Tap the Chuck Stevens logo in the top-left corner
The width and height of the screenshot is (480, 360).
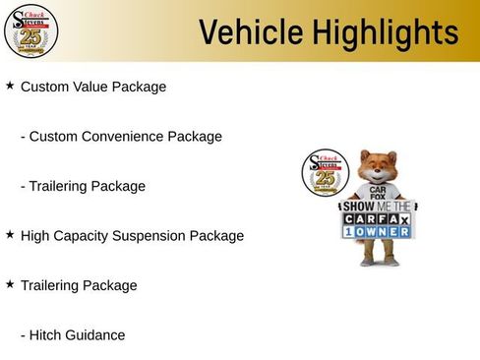30,30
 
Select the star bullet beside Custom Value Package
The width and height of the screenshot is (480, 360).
10,86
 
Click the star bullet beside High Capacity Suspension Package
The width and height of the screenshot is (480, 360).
10,235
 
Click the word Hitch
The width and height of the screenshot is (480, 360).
45,335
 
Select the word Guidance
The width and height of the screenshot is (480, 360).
95,335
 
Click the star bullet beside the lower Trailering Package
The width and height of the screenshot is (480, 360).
10,284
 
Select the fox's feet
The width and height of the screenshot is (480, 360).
379,263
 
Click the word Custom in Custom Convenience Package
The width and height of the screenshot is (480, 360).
51,137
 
